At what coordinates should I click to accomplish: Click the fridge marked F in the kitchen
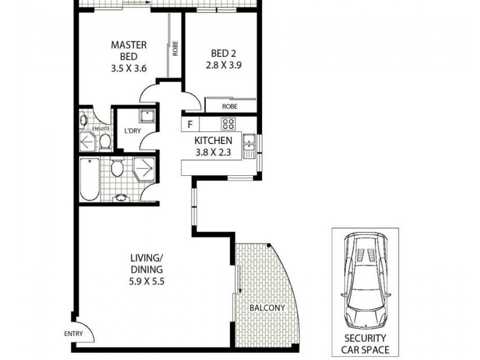point(190,125)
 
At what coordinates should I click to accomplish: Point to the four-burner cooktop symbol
point(228,124)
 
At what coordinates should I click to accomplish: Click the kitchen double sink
point(248,146)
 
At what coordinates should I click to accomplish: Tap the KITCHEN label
point(213,140)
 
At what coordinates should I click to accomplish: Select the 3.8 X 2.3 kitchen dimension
point(213,152)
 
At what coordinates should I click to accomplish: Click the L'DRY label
point(132,131)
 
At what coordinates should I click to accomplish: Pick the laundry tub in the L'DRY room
point(147,116)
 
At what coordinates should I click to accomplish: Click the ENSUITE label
point(100,128)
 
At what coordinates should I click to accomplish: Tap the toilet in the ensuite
point(104,142)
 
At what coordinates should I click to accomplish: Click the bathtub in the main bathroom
point(90,179)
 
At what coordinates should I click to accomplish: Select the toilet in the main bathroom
point(117,167)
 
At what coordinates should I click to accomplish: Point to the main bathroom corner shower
point(143,170)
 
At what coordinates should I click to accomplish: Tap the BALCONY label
point(267,308)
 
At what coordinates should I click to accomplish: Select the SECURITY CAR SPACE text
point(365,344)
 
